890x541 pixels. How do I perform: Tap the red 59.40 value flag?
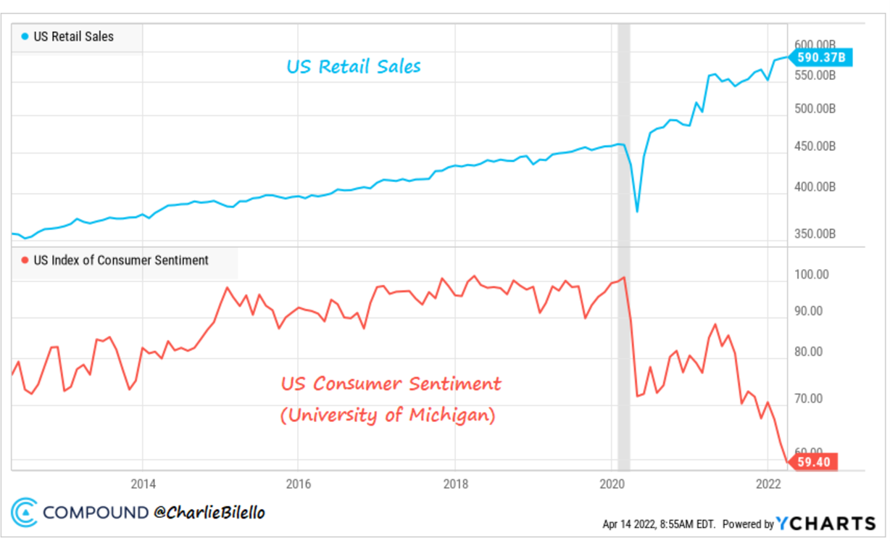(813, 461)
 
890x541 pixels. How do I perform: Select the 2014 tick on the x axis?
(143, 484)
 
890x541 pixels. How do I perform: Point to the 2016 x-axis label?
(299, 484)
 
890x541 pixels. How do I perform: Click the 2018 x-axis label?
(455, 484)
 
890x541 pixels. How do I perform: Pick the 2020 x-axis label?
(612, 484)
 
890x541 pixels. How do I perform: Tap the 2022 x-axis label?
(768, 484)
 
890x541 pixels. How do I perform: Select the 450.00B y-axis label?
(816, 146)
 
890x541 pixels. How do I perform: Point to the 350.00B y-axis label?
(816, 234)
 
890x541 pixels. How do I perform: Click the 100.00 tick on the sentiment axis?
(812, 275)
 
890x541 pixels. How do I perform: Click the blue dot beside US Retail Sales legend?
(26, 36)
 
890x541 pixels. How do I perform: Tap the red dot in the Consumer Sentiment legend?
(26, 260)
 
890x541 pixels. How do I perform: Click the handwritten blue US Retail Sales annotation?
(353, 67)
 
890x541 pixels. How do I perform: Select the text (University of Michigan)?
(388, 416)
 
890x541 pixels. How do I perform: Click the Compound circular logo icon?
(24, 512)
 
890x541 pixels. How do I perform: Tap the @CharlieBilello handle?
(209, 513)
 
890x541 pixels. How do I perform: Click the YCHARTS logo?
(825, 523)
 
